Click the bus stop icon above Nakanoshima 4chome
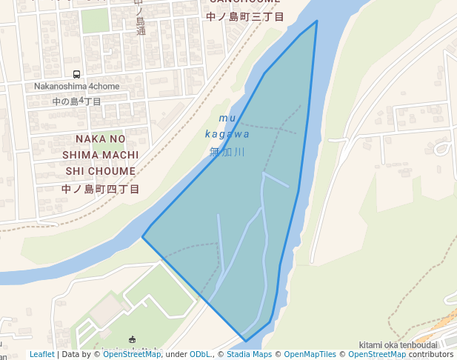pos(77,75)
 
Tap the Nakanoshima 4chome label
pos(77,87)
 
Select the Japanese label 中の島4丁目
pos(77,101)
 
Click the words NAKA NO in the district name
pos(101,139)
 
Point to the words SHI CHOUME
pos(101,171)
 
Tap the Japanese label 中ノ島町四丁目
pos(101,189)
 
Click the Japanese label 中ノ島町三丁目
pos(245,16)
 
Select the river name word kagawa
pos(227,134)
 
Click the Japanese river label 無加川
pos(227,152)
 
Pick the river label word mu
pos(227,119)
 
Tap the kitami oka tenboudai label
pos(398,345)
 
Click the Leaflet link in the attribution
pos(41,355)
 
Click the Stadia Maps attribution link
pos(247,355)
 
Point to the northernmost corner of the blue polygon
pos(317,21)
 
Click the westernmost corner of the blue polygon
pos(142,237)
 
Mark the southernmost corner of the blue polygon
pos(245,341)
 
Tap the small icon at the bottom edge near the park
pos(133,340)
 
